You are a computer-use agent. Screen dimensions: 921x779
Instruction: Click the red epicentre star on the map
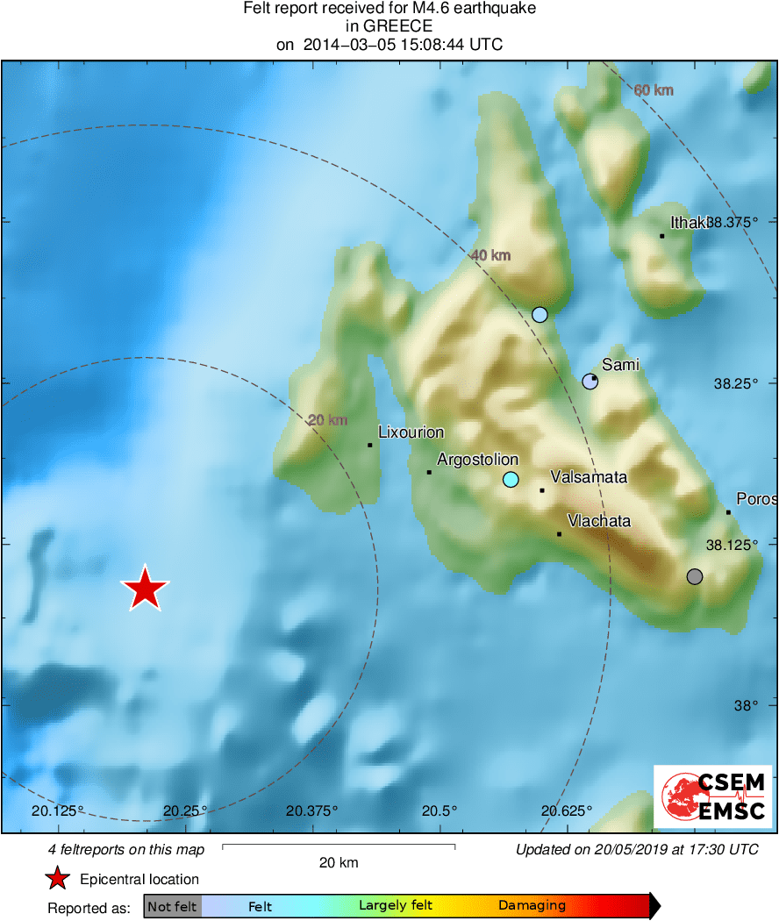145,589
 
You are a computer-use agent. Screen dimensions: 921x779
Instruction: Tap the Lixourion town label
411,432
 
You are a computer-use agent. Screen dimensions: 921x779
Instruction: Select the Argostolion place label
477,460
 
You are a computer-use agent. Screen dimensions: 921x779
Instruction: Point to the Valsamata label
589,478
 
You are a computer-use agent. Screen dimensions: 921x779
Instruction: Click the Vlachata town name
599,521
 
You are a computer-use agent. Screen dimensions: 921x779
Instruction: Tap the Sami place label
620,365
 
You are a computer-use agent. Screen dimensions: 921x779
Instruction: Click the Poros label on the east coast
755,499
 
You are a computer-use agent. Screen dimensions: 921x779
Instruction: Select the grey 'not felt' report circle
695,576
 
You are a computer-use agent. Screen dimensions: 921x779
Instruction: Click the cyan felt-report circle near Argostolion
511,479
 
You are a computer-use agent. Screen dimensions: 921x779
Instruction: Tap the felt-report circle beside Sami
590,381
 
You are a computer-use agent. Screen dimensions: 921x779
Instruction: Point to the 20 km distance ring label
327,420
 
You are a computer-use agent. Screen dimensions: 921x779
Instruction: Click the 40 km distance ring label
490,255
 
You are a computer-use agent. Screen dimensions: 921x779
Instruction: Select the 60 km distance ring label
653,90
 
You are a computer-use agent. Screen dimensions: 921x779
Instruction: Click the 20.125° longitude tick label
60,810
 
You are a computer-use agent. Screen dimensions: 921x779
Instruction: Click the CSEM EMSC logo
712,796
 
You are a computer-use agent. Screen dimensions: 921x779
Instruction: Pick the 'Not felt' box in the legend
172,907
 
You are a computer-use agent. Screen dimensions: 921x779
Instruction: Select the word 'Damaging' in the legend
532,906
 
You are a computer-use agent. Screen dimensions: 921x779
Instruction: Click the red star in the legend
57,879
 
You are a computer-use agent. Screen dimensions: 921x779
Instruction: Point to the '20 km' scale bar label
338,863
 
